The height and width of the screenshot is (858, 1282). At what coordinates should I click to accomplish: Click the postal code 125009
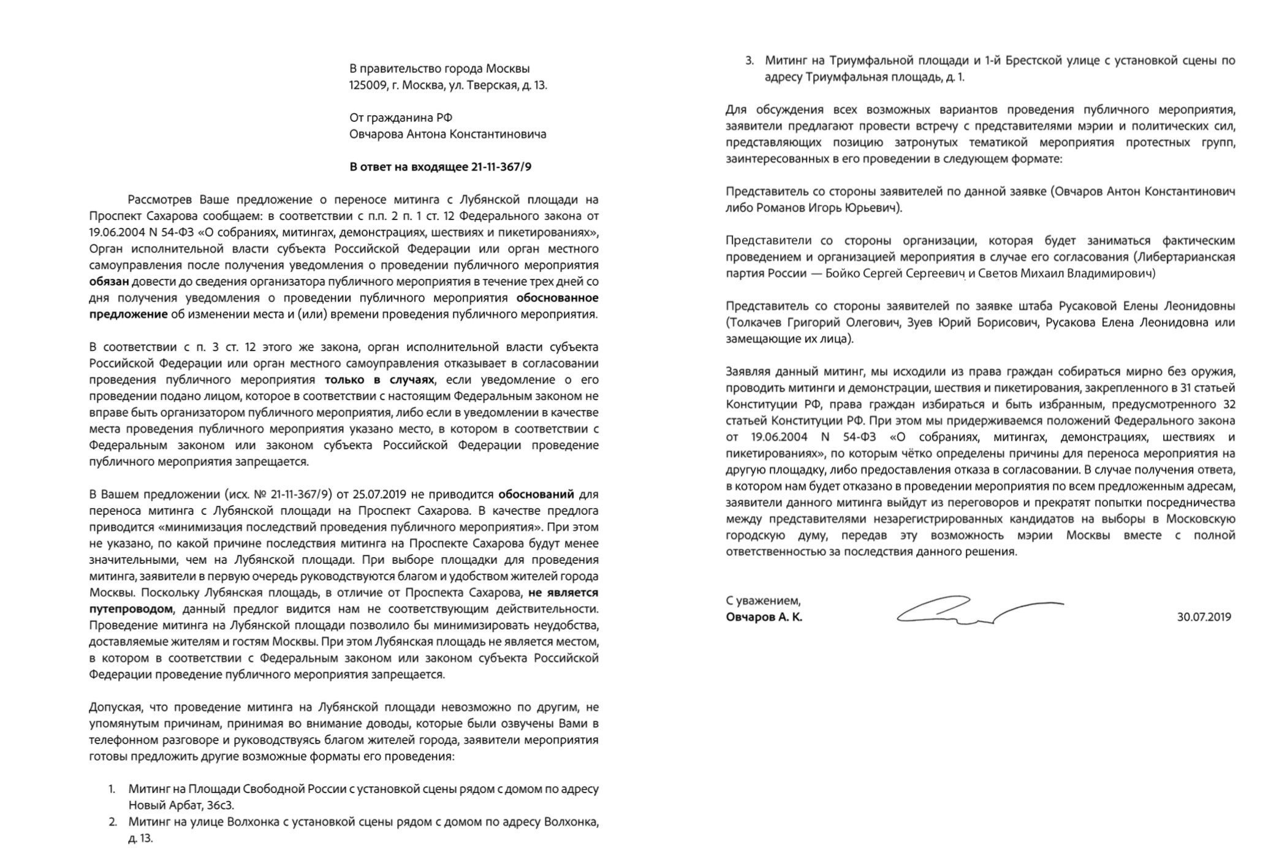pos(368,85)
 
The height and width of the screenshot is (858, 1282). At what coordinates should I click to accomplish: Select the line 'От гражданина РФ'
pos(401,118)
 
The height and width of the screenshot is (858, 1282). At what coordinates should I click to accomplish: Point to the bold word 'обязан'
pos(109,282)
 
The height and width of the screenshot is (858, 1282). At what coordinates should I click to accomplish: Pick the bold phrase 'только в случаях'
pos(379,380)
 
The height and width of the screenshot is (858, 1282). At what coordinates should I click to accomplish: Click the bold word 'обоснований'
pos(536,495)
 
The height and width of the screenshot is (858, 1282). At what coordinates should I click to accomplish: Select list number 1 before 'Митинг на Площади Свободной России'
pos(112,789)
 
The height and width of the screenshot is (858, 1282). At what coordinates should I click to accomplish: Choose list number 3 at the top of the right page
pos(749,61)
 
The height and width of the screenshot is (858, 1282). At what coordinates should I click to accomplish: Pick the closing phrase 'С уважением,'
pos(763,601)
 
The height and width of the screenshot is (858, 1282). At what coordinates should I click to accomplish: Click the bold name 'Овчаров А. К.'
pos(764,617)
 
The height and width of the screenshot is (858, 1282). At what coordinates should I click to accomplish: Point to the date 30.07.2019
pos(1204,617)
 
